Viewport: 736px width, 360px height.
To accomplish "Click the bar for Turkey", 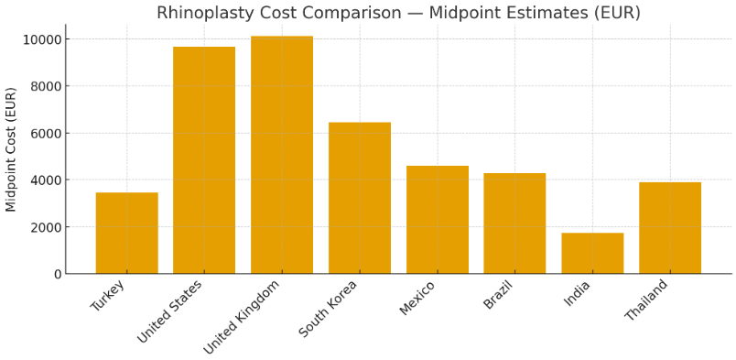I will click(x=126, y=233).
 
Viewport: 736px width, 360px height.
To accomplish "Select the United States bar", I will click(x=204, y=160).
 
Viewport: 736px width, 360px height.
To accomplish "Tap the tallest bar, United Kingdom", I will click(x=282, y=155).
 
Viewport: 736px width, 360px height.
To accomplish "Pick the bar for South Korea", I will click(x=360, y=198).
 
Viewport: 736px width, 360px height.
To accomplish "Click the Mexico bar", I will click(x=437, y=220).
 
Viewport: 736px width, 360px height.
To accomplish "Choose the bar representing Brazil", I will click(x=514, y=224).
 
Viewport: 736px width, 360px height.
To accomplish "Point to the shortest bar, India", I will click(x=592, y=253).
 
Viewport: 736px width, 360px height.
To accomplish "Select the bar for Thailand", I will click(x=670, y=228).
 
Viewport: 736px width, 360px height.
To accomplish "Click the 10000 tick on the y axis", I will click(x=43, y=39).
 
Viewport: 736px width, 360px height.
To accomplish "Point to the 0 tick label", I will click(x=58, y=274).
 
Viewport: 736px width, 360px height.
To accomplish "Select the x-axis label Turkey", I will click(x=108, y=295).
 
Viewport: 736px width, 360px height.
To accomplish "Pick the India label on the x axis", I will click(x=578, y=293).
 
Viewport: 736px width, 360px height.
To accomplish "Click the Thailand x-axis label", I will click(x=647, y=300).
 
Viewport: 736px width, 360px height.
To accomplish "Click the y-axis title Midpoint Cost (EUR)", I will click(x=12, y=149).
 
